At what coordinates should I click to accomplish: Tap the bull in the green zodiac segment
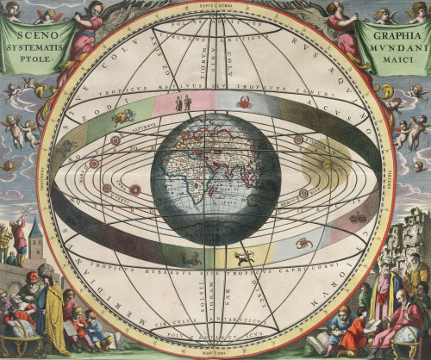point(123,115)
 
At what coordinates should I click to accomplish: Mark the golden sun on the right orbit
point(327,163)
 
